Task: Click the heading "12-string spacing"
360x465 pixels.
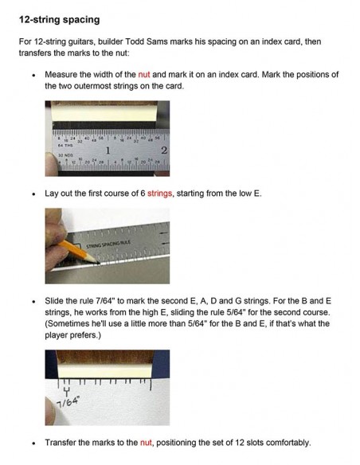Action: tap(59, 20)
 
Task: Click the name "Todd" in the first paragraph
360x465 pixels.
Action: tap(135, 41)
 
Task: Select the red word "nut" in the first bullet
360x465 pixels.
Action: tap(144, 74)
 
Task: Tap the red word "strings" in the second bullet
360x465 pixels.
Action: tap(159, 193)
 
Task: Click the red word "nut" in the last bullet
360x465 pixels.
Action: tap(146, 443)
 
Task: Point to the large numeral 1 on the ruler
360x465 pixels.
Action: tap(108, 150)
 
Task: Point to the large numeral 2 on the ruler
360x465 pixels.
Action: tap(164, 150)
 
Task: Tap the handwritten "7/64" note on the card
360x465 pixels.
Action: tap(68, 402)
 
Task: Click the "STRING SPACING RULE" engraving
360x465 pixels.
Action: tap(108, 244)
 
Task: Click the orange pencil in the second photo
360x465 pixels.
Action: tap(78, 252)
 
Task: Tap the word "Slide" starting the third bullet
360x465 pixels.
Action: tap(53, 301)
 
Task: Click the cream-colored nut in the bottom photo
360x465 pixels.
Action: tap(104, 371)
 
